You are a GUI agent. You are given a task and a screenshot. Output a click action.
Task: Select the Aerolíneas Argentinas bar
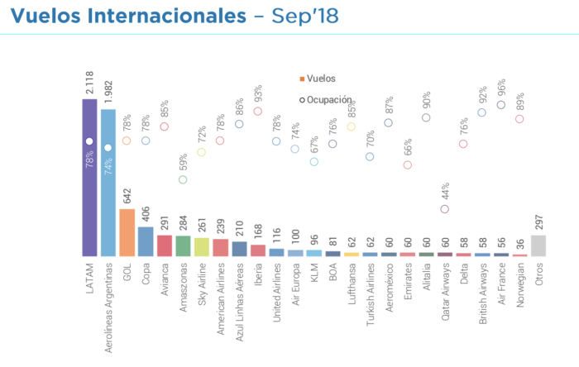pyautogui.click(x=108, y=183)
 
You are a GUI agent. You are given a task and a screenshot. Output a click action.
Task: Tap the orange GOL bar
pyautogui.click(x=127, y=232)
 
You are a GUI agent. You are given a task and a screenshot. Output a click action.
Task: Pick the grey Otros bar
pyautogui.click(x=538, y=245)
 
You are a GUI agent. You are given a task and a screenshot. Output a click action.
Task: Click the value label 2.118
pyautogui.click(x=89, y=84)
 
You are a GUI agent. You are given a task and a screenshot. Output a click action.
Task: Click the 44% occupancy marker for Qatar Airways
pyautogui.click(x=445, y=209)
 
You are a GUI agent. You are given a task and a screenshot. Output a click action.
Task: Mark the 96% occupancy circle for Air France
pyautogui.click(x=500, y=105)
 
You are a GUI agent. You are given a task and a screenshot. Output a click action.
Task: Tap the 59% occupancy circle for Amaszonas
pyautogui.click(x=183, y=179)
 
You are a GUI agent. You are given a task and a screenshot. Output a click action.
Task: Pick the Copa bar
pyautogui.click(x=146, y=241)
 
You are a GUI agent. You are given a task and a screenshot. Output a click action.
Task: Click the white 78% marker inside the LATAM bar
pyautogui.click(x=89, y=141)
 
